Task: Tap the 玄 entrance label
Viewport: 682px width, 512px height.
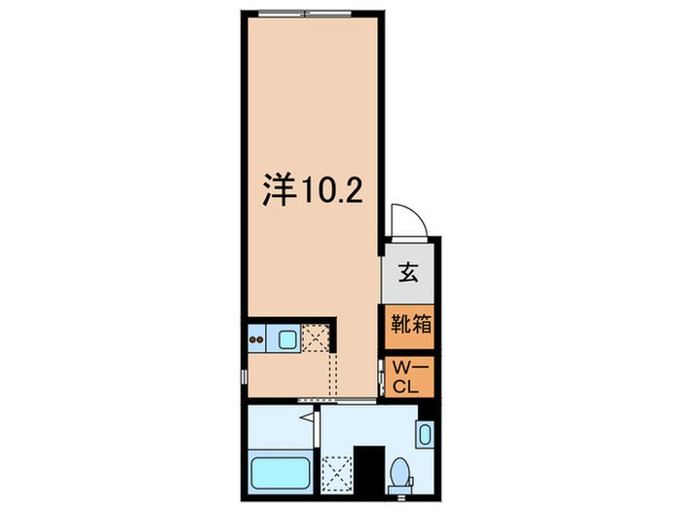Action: coord(408,274)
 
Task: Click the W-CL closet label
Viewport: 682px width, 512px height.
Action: coord(406,375)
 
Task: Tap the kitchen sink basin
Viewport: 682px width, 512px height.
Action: coord(288,339)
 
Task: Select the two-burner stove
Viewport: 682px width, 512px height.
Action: coord(258,339)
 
